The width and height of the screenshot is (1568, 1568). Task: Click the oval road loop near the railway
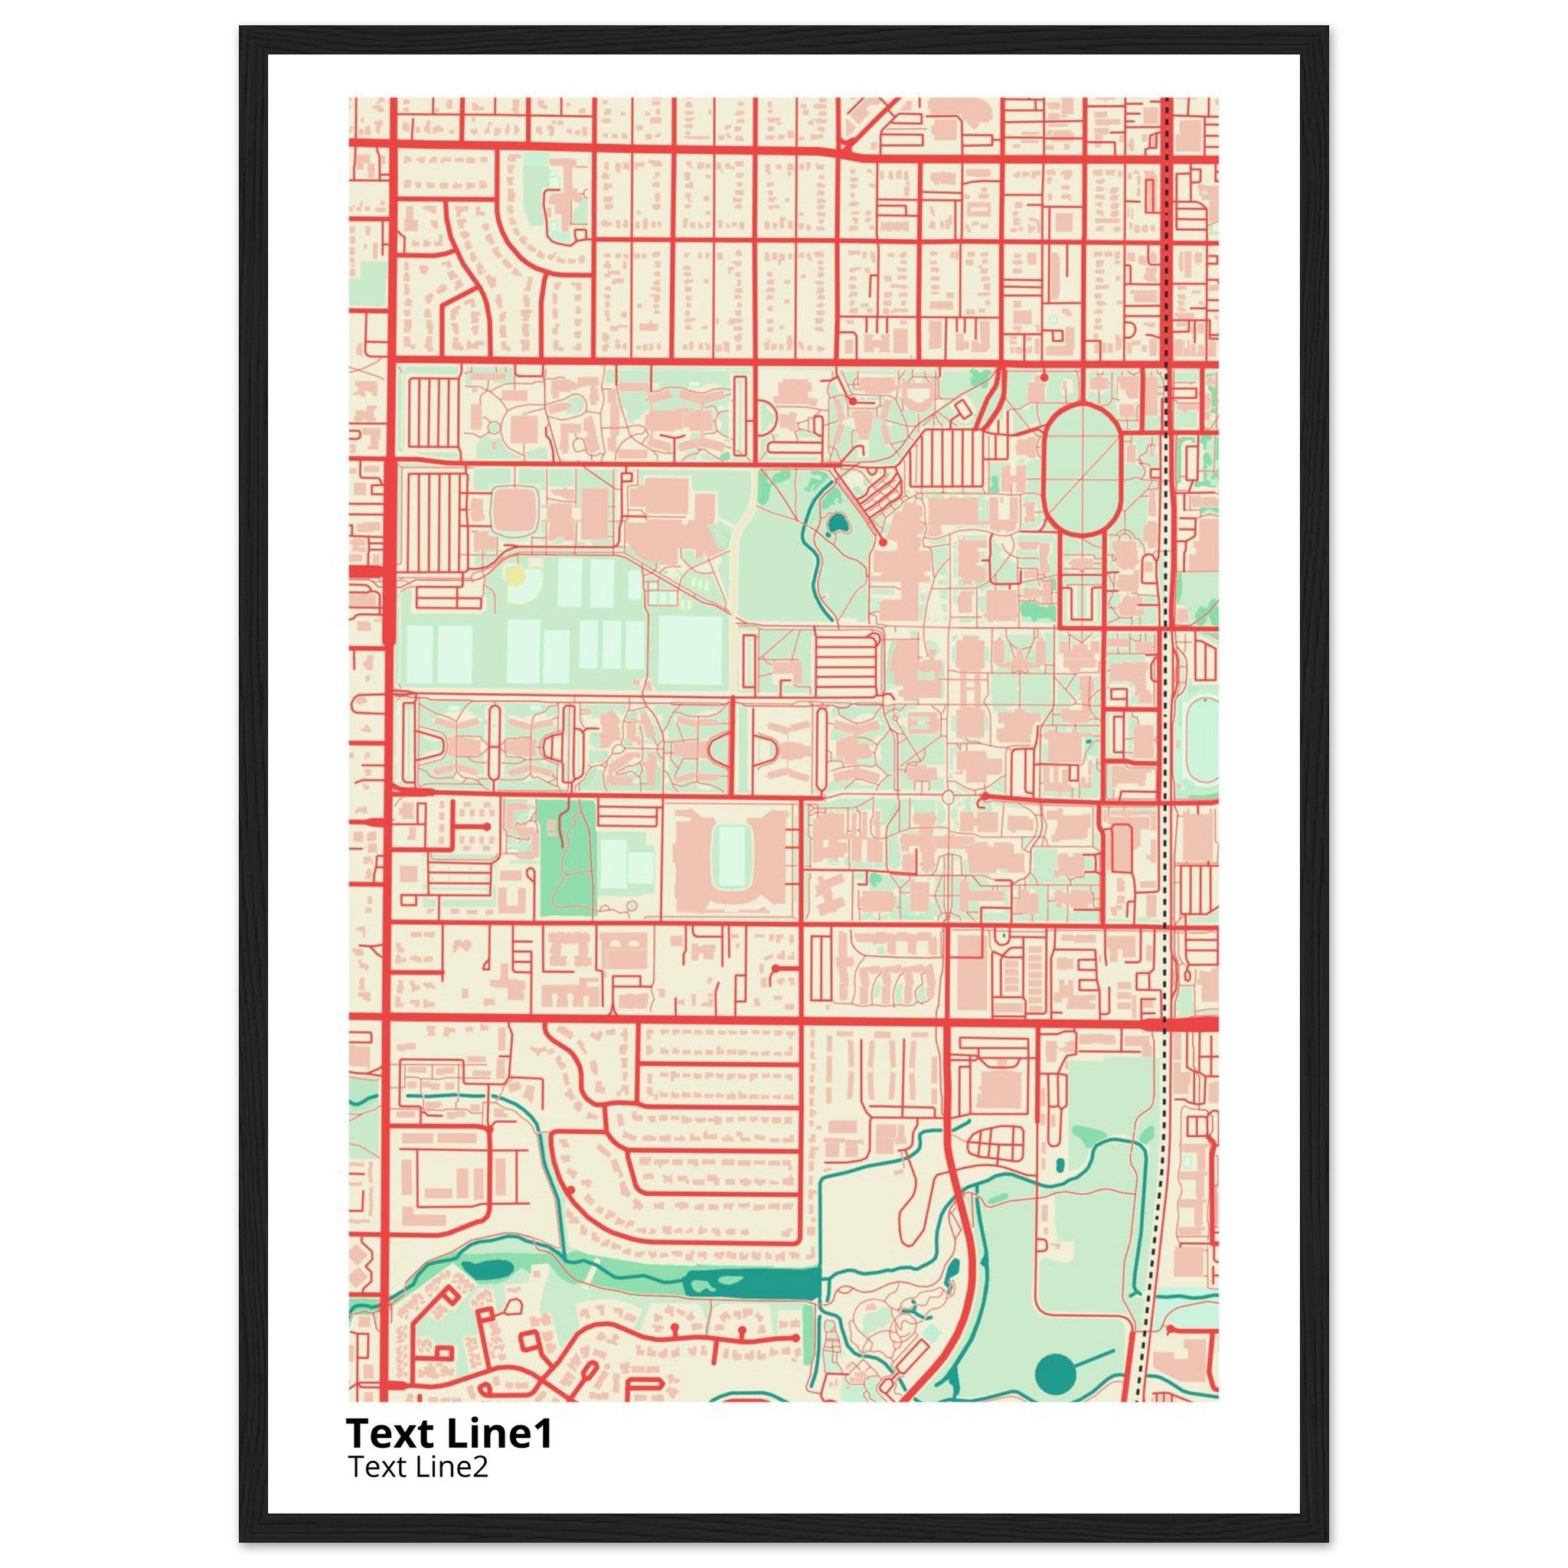tap(1081, 469)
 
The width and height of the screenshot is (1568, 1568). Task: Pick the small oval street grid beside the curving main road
tap(996, 1145)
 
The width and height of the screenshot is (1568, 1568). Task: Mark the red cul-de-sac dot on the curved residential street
tap(571, 1190)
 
